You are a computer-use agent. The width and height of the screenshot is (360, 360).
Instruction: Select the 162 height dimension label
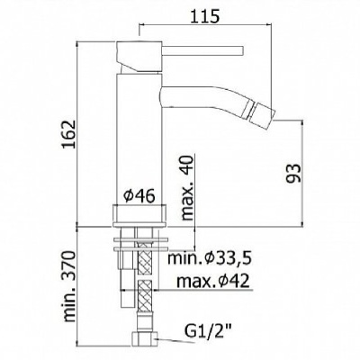(x=68, y=134)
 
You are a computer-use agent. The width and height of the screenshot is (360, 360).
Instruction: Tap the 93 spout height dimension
(x=292, y=173)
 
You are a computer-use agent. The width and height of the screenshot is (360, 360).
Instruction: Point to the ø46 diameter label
(x=139, y=196)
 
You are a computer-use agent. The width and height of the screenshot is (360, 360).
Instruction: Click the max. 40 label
(x=187, y=189)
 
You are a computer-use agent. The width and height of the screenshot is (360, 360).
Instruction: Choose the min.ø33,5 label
(x=209, y=258)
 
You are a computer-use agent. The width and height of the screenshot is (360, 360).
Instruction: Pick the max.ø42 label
(x=212, y=281)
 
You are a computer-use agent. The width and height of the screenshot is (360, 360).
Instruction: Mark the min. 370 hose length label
(x=70, y=286)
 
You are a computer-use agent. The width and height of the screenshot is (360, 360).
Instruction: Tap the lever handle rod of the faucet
(x=202, y=50)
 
